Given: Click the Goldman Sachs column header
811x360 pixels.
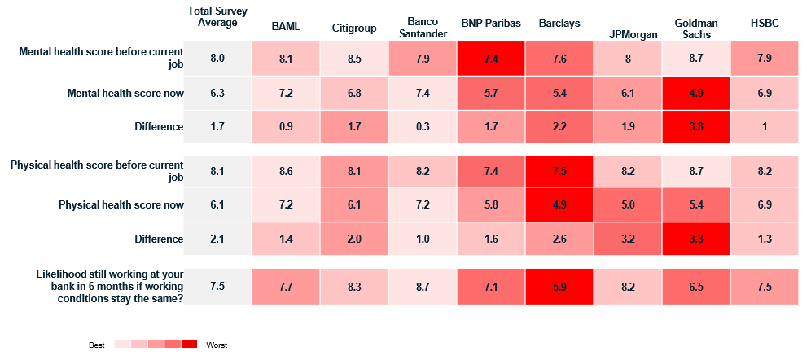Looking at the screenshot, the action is coord(693,29).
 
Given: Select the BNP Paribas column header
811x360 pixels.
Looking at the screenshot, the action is coord(491,24).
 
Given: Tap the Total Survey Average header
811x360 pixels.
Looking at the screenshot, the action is coord(217,16).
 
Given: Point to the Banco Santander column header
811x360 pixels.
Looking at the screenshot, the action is coord(423,28).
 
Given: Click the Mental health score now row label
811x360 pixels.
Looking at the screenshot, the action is coord(125,94).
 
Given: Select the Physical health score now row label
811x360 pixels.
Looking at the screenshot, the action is coord(121,204).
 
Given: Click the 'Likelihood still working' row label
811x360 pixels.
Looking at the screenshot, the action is coord(110,287).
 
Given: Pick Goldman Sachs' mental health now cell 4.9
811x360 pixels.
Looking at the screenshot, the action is coord(695,94).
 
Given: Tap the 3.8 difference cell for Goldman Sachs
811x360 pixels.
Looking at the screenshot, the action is coord(695,127).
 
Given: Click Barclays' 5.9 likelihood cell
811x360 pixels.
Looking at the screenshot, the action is coord(559,286).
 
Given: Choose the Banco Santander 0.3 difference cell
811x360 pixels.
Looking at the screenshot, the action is coord(423,127).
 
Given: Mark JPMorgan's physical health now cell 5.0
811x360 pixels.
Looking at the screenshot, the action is coord(628,204).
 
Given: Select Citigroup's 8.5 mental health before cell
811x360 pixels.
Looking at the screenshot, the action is coord(353,59).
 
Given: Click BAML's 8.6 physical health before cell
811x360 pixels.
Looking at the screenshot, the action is coord(286,171).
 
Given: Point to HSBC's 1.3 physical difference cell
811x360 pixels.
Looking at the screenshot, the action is coord(764,239).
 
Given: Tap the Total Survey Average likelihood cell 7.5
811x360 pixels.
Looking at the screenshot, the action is coord(217,286).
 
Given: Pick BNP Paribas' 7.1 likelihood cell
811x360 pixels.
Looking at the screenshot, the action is coord(491,286).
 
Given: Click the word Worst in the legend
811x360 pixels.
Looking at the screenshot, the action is coord(217,345).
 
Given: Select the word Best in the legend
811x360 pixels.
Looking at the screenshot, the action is coord(97,345).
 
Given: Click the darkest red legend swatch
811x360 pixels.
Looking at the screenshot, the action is coord(189,344).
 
